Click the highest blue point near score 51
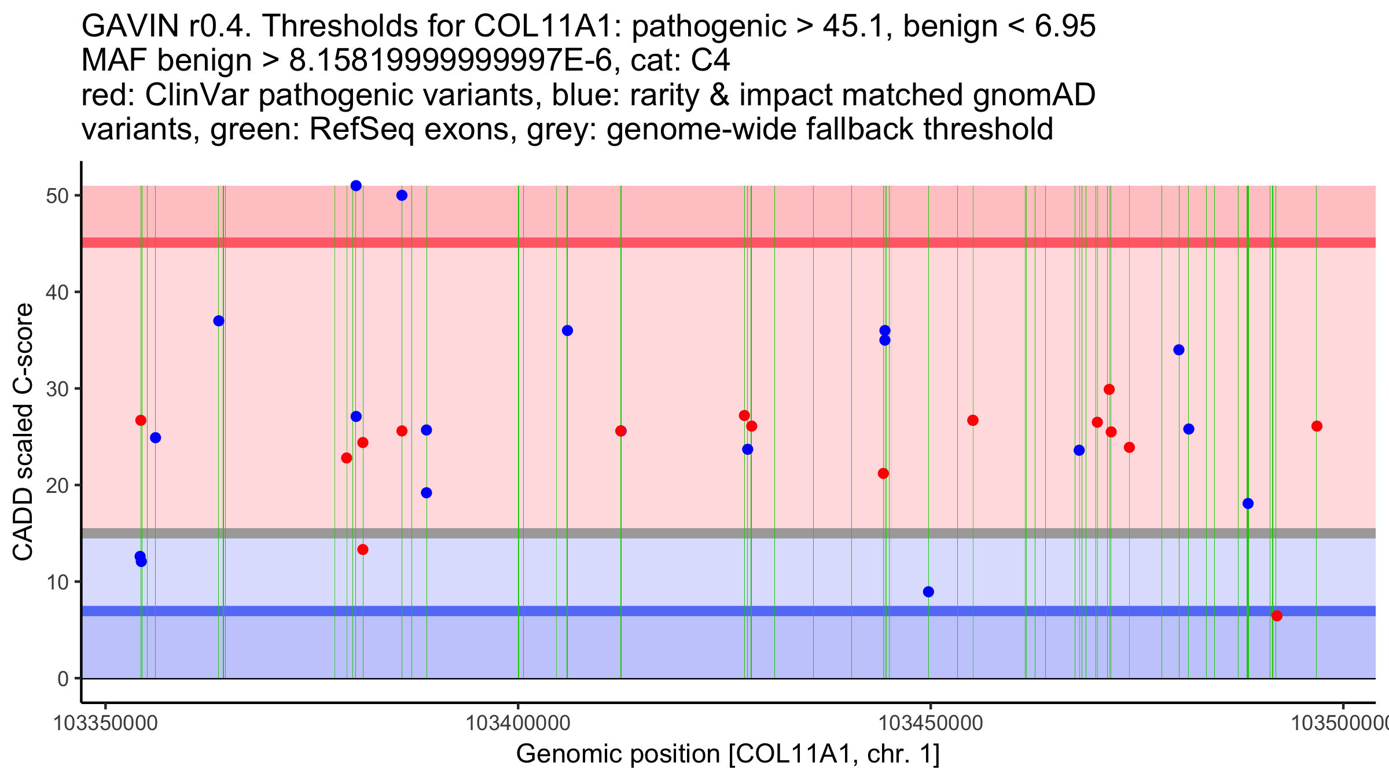coord(356,186)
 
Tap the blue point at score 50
coord(402,196)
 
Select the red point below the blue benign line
coord(1277,616)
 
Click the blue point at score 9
coord(928,591)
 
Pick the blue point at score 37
coord(219,321)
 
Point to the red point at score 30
coord(1109,389)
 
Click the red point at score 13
coord(363,550)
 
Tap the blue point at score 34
coord(1179,350)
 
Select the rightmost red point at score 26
coord(1317,426)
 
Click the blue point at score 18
coord(1248,503)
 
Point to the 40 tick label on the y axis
coord(57,292)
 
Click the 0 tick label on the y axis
coord(63,679)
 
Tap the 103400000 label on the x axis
coord(518,723)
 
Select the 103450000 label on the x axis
coord(931,723)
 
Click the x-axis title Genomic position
coord(727,754)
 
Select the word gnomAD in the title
coord(1034,95)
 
